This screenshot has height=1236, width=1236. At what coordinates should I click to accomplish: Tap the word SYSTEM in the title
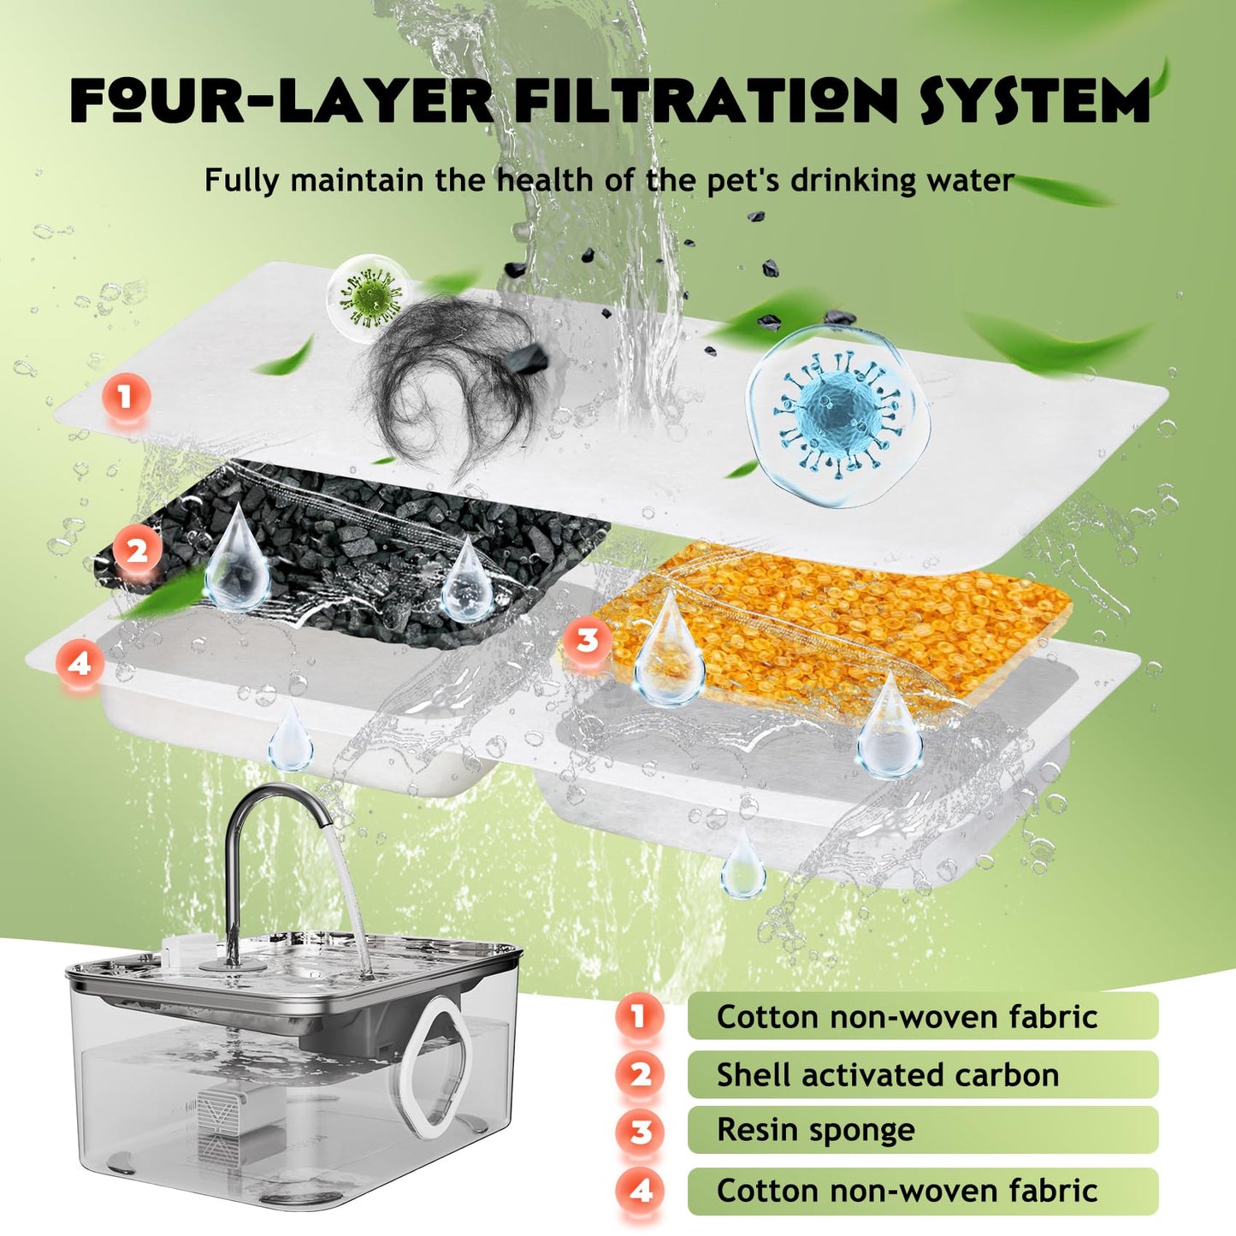click(1034, 101)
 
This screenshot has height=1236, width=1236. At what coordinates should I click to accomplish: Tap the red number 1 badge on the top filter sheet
click(126, 396)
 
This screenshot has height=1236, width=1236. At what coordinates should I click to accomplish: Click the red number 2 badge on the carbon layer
click(137, 549)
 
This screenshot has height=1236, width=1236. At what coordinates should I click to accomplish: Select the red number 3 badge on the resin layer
click(586, 640)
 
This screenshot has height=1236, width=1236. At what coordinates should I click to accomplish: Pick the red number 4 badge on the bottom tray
click(80, 664)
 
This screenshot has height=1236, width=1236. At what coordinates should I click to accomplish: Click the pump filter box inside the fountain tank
click(222, 1121)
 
